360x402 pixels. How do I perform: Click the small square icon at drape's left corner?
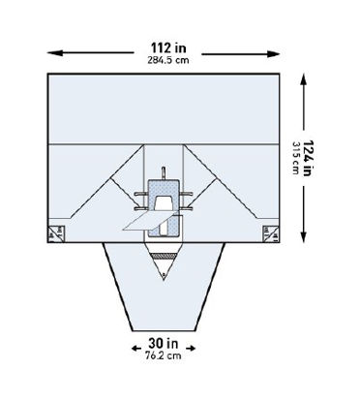coord(53,231)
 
